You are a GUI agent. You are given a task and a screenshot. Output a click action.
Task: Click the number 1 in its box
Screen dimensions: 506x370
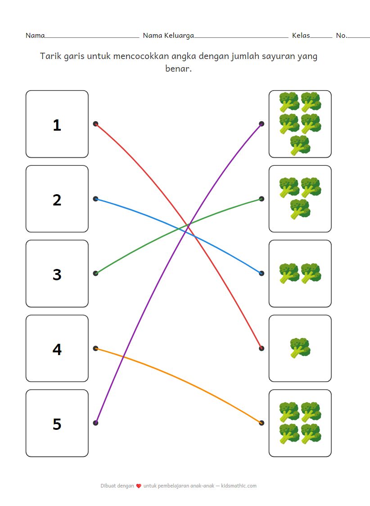57,125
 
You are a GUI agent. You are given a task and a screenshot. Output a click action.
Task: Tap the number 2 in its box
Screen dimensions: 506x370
57,200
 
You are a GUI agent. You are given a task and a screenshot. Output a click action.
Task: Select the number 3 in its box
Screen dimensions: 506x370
57,274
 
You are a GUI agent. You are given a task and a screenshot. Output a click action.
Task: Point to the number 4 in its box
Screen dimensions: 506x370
57,349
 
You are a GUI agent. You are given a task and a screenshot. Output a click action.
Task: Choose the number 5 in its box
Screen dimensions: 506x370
57,424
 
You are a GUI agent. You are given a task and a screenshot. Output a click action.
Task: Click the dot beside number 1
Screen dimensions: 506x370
95,123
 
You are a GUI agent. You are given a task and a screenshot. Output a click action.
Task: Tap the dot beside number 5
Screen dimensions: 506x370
95,423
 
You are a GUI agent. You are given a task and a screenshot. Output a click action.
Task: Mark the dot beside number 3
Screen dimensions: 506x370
95,273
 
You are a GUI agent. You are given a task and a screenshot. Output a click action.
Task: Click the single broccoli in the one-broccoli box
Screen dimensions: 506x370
300,348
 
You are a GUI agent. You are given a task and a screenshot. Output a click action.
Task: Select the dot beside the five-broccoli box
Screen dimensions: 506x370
262,123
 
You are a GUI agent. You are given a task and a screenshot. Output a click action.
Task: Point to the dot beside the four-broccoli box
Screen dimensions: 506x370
262,423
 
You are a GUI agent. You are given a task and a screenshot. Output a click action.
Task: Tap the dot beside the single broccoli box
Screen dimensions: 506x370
262,348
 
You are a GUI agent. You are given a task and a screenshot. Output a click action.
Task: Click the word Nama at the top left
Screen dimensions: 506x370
35,35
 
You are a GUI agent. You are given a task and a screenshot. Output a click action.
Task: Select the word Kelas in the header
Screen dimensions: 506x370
301,35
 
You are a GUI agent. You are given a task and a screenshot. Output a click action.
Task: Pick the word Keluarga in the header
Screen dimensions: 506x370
179,36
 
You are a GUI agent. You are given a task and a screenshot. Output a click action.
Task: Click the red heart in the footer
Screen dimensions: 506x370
139,486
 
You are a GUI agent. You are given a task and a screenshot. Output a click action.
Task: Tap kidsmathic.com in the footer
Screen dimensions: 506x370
239,486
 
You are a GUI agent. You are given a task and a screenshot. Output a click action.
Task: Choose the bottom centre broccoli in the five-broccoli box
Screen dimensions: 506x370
300,145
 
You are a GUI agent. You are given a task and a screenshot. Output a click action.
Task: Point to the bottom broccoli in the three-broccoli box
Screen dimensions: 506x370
300,209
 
